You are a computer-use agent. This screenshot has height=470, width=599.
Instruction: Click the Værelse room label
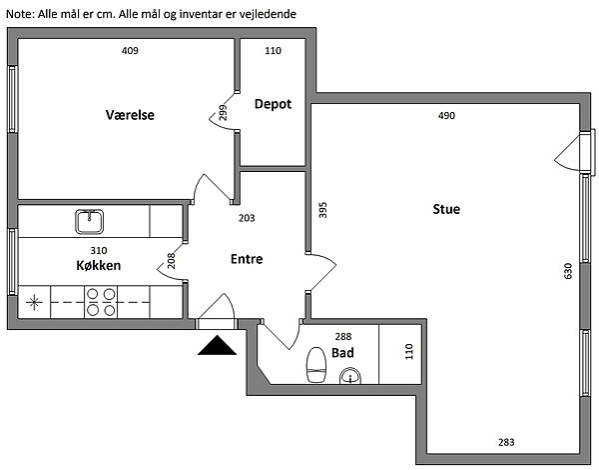(x=130, y=115)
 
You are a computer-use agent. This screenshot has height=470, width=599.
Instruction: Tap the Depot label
(x=273, y=104)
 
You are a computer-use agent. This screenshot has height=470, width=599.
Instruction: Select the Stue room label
(x=446, y=209)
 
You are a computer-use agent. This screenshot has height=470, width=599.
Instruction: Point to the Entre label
(x=247, y=258)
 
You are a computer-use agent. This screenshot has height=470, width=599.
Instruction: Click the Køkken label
(x=98, y=266)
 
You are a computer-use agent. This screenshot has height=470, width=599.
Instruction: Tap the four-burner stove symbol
(x=100, y=301)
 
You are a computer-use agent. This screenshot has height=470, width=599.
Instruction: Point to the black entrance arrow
(x=217, y=346)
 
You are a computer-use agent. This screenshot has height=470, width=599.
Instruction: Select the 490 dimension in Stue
(x=446, y=116)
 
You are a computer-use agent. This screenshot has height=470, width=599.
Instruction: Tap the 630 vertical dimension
(x=568, y=271)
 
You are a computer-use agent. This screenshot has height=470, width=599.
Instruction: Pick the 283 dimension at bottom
(x=507, y=442)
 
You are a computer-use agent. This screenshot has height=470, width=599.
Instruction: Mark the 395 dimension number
(x=321, y=211)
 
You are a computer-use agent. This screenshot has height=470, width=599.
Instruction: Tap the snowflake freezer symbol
(x=35, y=301)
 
